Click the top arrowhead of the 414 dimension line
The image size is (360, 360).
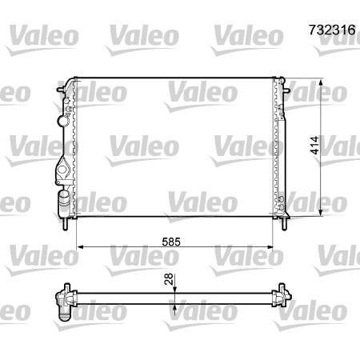tap(322, 81)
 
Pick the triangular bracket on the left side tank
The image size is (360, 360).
tap(62, 170)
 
